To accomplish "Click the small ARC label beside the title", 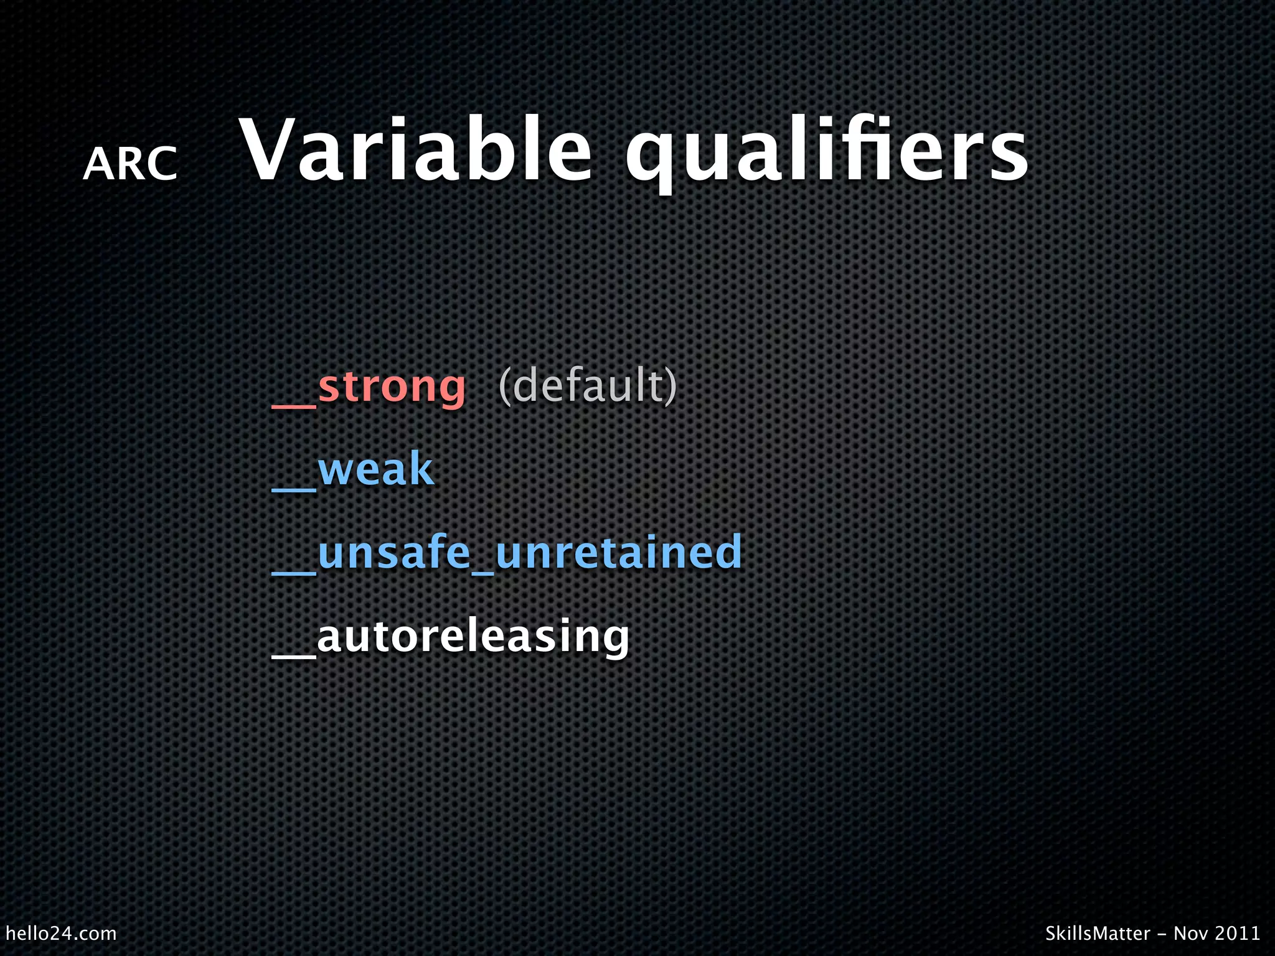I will pos(130,165).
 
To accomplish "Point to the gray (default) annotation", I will pos(587,386).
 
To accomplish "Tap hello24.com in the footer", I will pos(61,933).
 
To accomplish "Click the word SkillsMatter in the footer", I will pos(1097,933).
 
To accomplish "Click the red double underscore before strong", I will pos(294,406).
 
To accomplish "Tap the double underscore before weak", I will pos(294,490).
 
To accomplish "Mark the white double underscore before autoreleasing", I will pos(294,655).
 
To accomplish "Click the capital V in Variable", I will pos(266,151).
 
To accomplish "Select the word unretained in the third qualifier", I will pos(619,553).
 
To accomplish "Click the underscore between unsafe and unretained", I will pos(482,571).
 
